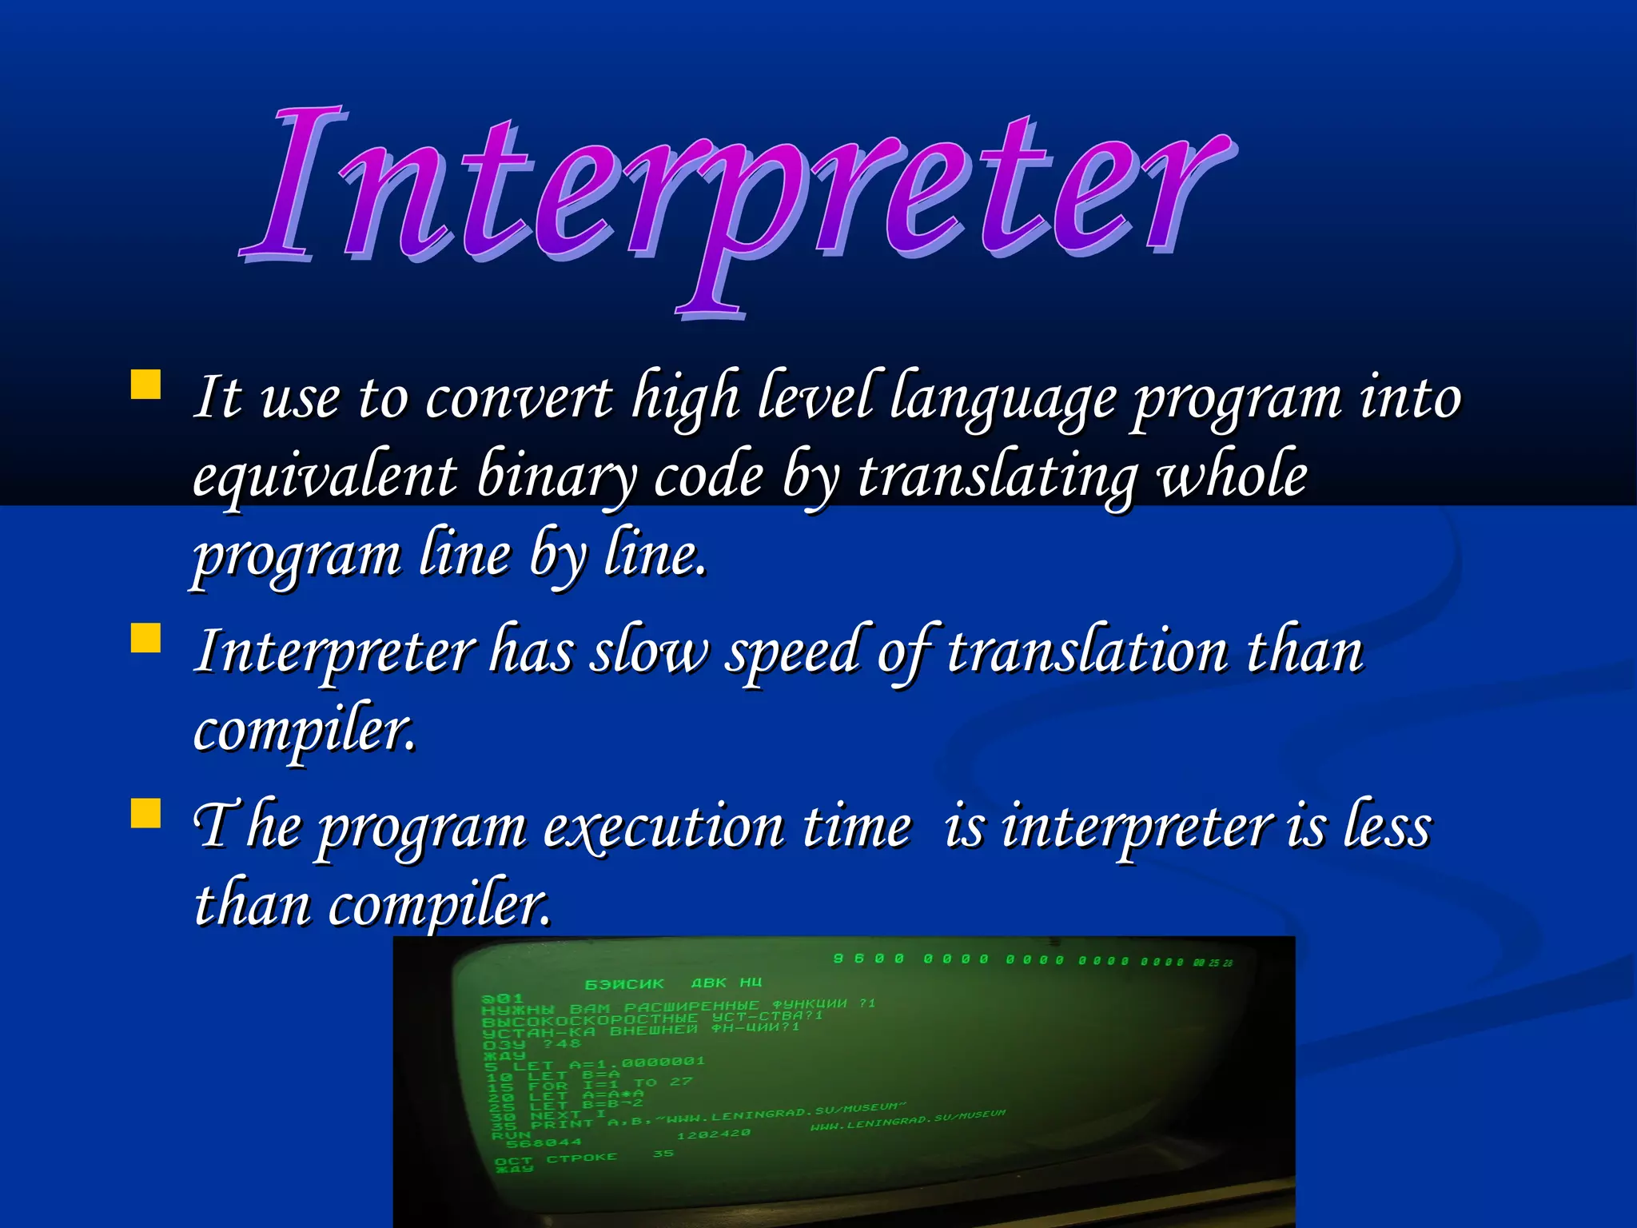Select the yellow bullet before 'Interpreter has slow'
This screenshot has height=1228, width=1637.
145,638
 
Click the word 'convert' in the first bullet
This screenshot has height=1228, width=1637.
520,397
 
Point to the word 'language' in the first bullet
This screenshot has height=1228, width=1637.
1003,397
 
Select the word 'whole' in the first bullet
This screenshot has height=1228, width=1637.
1233,476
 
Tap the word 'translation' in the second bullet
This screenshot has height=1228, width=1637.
1087,651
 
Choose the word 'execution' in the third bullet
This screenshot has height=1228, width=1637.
663,826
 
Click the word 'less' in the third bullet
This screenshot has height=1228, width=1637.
1387,826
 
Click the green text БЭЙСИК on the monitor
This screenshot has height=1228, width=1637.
624,984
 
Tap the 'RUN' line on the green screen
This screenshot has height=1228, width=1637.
511,1135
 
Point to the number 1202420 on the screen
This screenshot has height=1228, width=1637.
713,1134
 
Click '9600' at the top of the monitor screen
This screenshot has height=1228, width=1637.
868,959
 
